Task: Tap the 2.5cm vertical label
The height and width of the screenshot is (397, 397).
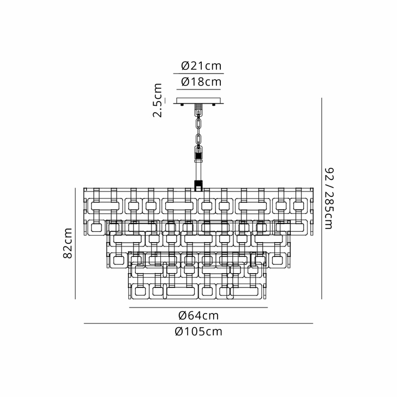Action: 158,101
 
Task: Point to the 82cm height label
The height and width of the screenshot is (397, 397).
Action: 68,244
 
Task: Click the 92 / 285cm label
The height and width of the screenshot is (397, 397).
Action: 328,197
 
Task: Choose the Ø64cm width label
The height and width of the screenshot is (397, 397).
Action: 198,315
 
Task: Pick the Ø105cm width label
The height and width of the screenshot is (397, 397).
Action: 198,332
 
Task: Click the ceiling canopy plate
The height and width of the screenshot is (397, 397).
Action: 199,102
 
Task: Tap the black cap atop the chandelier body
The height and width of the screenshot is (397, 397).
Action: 199,184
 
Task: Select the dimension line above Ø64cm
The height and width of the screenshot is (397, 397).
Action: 198,308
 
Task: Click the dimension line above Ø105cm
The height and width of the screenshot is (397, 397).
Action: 198,324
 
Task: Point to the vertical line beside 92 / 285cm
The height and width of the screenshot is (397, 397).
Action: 322,197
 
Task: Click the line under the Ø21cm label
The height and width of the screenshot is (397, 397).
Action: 198,73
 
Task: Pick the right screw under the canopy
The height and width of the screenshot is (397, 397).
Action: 216,106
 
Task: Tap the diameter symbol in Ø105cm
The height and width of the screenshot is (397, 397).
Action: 179,332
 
